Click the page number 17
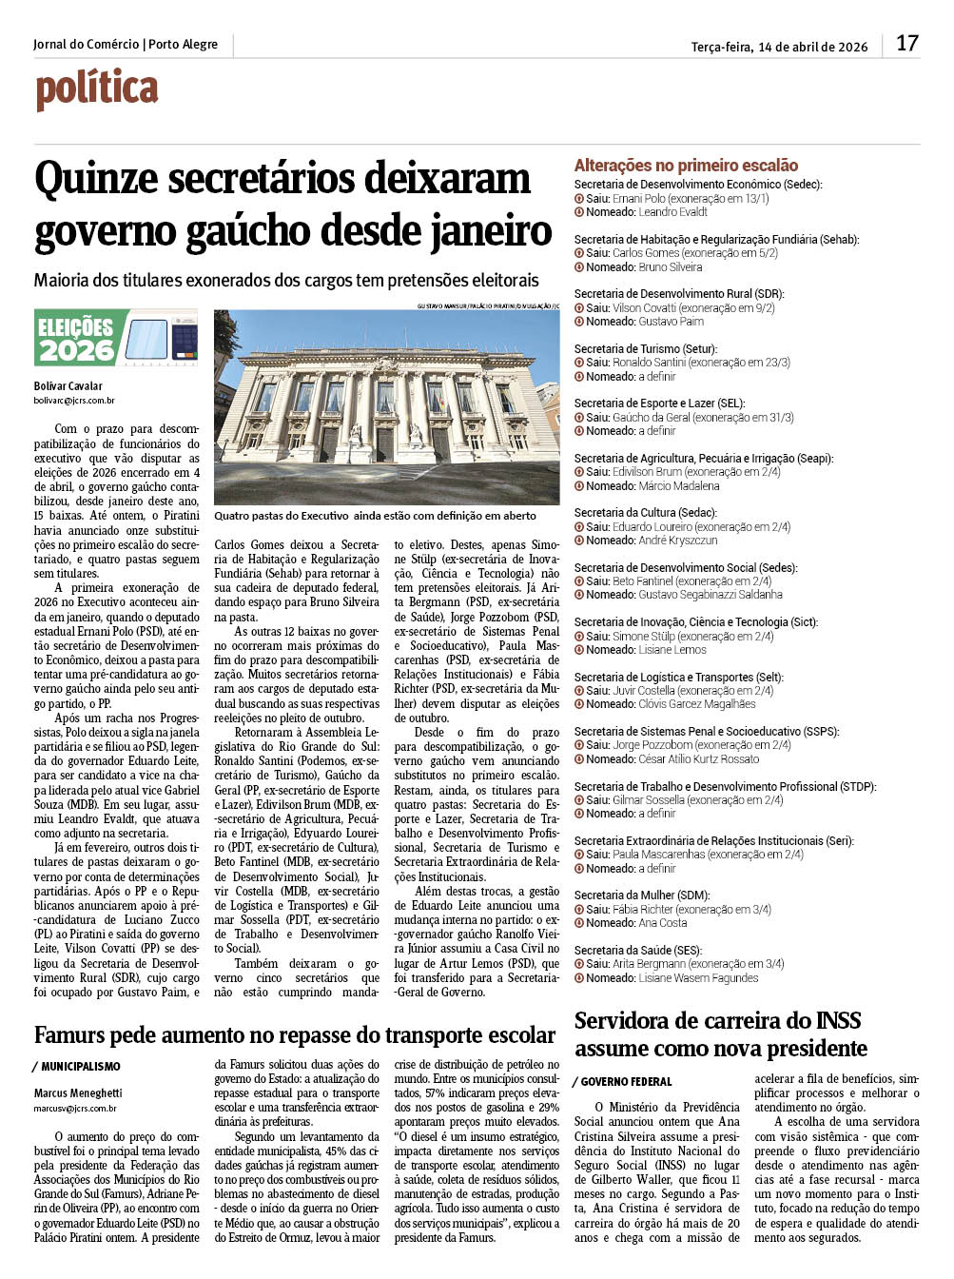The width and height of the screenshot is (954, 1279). (906, 43)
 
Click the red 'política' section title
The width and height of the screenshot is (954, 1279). (97, 89)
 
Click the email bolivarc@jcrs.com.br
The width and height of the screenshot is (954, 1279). (74, 401)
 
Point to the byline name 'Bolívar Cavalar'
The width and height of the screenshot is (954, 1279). (68, 386)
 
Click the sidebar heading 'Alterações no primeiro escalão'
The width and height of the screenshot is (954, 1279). (686, 166)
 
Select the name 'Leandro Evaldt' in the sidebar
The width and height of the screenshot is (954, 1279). (672, 212)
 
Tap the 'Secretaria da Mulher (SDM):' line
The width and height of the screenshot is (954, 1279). (642, 895)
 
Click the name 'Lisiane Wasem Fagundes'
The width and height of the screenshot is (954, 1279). (698, 978)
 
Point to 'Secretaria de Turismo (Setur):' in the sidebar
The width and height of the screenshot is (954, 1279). (645, 349)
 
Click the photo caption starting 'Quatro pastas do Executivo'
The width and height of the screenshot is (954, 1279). (375, 516)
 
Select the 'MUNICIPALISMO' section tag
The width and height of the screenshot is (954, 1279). (81, 1067)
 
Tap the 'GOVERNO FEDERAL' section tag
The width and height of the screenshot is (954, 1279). (626, 1082)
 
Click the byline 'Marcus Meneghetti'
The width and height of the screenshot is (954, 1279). (78, 1093)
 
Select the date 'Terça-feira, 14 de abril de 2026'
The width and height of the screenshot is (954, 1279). (779, 47)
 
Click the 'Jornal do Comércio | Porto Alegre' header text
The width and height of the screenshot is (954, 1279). (125, 45)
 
